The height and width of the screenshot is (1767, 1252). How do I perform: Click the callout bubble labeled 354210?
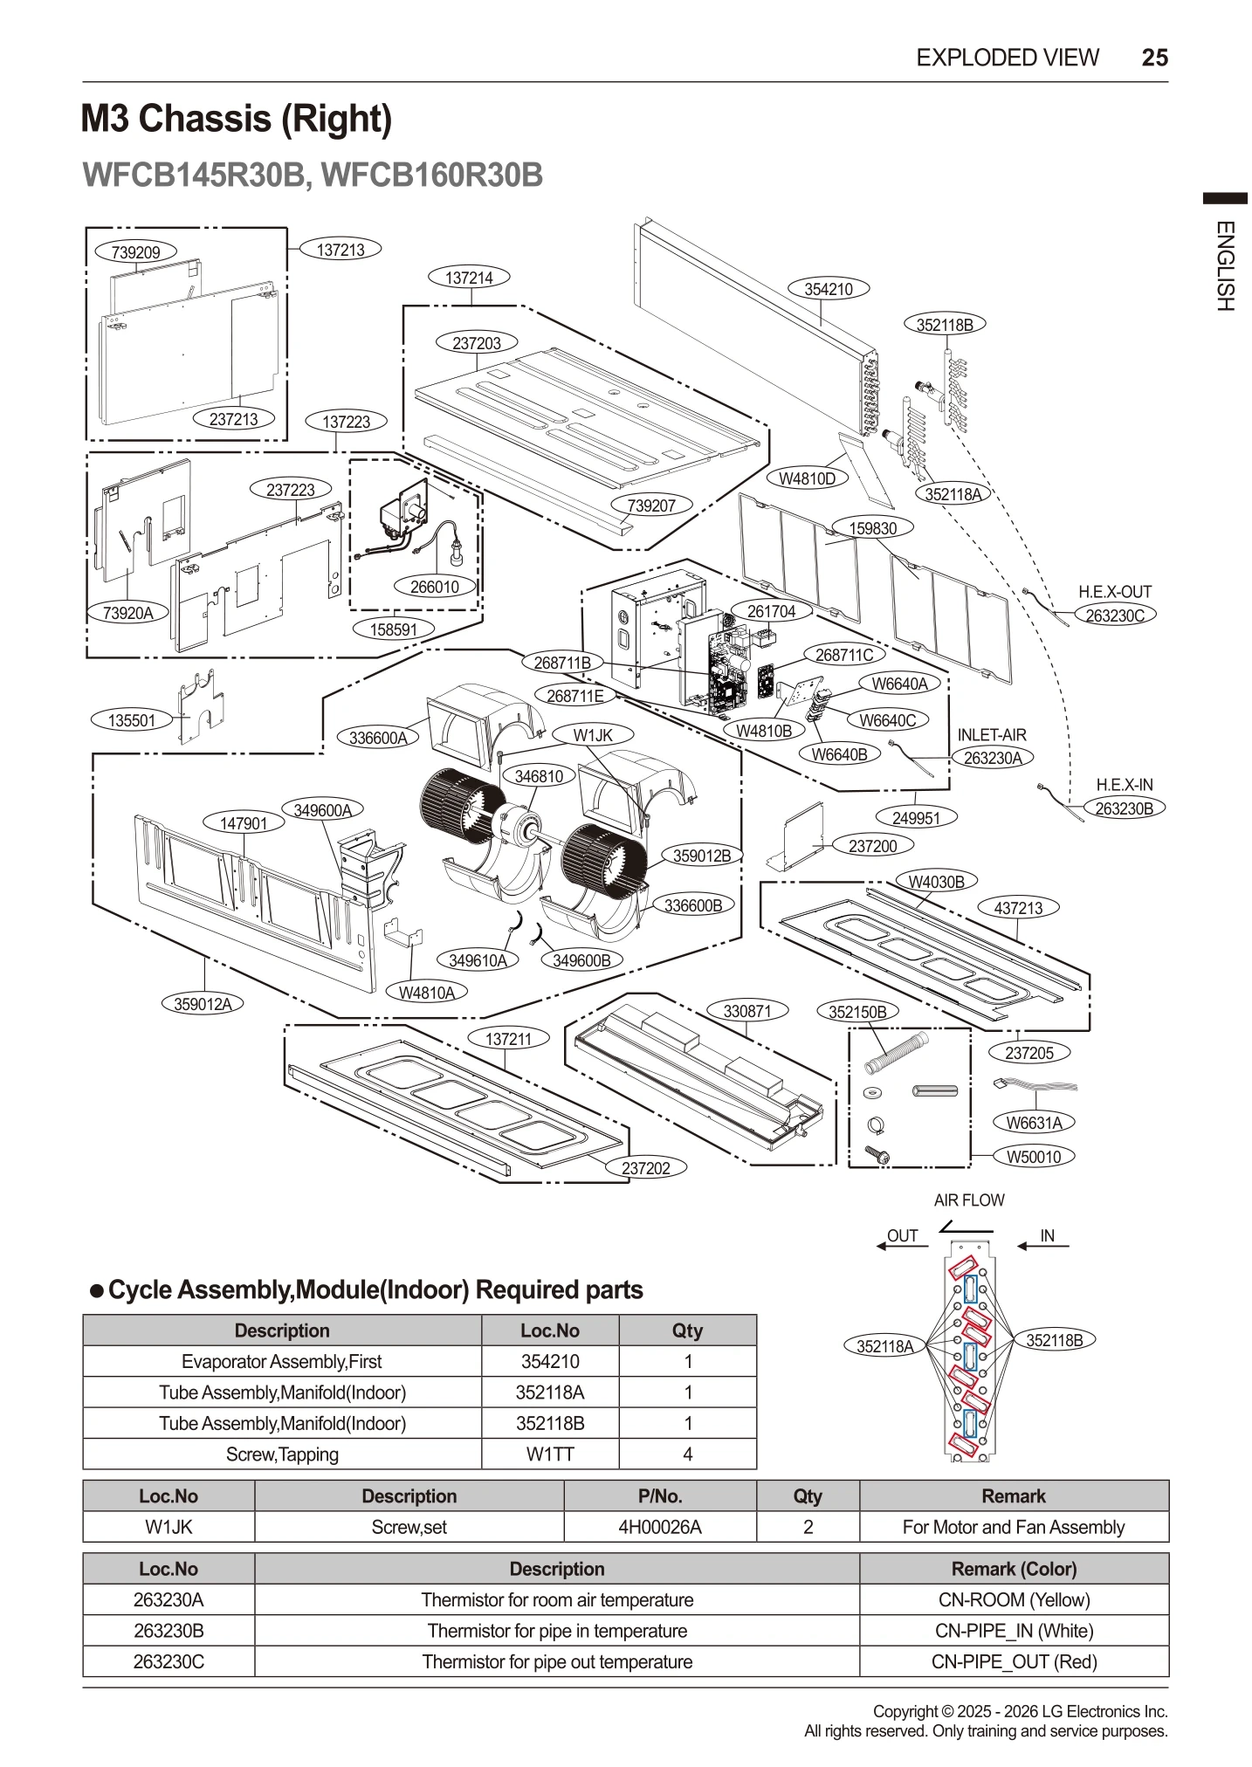click(x=828, y=289)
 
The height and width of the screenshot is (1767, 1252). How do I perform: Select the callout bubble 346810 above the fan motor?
click(x=539, y=776)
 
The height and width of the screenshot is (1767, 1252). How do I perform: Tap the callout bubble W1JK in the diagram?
click(x=593, y=735)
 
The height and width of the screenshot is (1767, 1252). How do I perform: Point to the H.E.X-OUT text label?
click(x=1115, y=592)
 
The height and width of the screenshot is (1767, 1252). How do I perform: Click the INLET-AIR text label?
click(x=992, y=735)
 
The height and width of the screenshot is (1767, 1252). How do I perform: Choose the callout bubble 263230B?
click(x=1124, y=808)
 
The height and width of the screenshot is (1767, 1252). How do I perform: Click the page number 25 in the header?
click(x=1154, y=58)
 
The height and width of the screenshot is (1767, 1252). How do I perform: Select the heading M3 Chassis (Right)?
click(x=237, y=119)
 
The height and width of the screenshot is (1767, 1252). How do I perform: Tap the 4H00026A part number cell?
click(x=659, y=1527)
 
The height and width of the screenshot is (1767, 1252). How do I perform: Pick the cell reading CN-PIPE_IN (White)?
click(x=1014, y=1631)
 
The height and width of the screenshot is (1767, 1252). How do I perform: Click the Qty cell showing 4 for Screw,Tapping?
click(x=687, y=1454)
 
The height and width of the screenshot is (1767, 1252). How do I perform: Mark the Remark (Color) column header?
click(x=1014, y=1569)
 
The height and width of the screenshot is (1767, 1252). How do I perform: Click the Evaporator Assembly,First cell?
click(x=281, y=1361)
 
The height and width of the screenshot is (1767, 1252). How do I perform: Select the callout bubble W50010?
click(x=1034, y=1157)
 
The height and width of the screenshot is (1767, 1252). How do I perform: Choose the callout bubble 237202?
click(x=645, y=1168)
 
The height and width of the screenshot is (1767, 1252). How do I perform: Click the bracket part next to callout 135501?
click(x=203, y=703)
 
